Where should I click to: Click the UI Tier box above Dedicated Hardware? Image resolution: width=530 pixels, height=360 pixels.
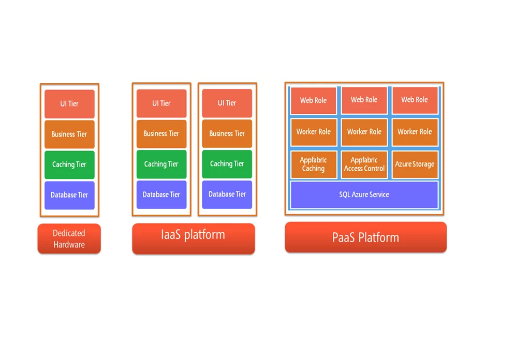(x=69, y=104)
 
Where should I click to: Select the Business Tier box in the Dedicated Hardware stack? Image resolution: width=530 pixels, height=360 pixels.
(x=69, y=134)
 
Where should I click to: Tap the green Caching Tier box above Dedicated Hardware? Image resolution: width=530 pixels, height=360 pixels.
(x=69, y=164)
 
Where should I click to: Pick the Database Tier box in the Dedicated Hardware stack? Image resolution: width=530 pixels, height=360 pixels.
(x=69, y=195)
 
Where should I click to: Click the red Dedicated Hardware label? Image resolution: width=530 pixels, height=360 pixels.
(x=69, y=239)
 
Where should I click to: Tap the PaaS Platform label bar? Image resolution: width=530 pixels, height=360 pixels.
(x=365, y=237)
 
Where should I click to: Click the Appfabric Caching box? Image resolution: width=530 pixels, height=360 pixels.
(x=313, y=164)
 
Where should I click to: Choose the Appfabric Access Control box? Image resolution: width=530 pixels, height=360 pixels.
(x=364, y=164)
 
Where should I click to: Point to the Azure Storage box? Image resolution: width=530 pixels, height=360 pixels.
(x=415, y=164)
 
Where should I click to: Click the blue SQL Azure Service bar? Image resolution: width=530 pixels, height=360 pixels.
(x=364, y=194)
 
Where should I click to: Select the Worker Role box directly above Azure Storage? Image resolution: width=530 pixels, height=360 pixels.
(x=415, y=132)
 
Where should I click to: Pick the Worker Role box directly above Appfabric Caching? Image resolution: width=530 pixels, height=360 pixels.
(x=313, y=132)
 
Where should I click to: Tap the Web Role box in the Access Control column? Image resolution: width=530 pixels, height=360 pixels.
(x=364, y=100)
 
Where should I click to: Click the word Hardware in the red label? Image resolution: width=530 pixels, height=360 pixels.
(x=69, y=245)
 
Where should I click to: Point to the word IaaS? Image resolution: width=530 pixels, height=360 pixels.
(x=171, y=235)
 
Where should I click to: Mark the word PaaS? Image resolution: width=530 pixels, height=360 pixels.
(x=343, y=238)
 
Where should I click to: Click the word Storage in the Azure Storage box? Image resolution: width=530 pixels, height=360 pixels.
(x=424, y=164)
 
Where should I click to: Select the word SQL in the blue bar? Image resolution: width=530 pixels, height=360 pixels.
(x=345, y=194)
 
